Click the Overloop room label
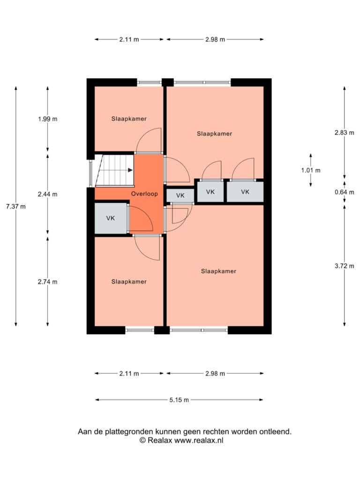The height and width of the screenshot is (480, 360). point(144,194)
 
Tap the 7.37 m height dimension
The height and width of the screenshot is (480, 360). point(16,207)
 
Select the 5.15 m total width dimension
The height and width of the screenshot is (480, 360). point(179,400)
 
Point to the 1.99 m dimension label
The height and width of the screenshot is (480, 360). point(47,119)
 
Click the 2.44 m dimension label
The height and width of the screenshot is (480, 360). point(47,194)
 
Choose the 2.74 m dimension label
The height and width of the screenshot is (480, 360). point(47,282)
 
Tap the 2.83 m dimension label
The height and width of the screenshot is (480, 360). point(345,133)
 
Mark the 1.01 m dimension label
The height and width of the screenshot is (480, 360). point(311,170)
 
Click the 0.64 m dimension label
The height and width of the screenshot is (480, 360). point(345,192)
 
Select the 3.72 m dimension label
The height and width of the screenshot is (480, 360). point(345,266)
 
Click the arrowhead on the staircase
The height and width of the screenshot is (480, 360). point(130,170)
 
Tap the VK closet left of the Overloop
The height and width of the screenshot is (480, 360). point(111,218)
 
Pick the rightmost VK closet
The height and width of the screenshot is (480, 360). point(245,192)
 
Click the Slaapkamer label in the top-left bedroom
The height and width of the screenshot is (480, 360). point(129,119)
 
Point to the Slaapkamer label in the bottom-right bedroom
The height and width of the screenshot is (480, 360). point(218,271)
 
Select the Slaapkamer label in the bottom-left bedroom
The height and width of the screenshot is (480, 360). point(129,282)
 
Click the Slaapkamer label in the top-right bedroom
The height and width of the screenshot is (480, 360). point(214,134)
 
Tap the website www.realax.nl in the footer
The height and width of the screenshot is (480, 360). point(199,441)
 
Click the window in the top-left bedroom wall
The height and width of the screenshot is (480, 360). point(149,82)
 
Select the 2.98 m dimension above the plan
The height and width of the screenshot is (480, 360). point(215,39)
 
